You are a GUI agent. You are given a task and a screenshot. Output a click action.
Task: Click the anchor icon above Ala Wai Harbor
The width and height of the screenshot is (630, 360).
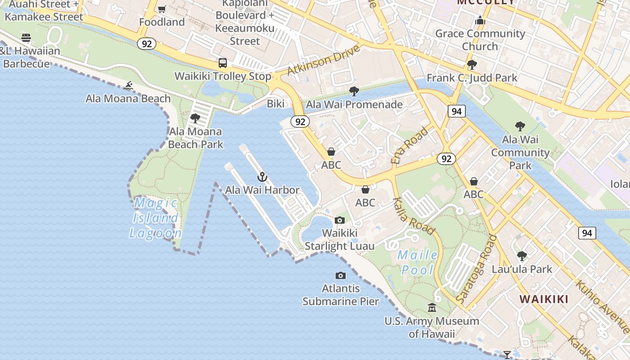coord(262,177)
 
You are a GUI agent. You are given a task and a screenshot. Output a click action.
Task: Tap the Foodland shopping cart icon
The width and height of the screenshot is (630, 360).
coord(162,9)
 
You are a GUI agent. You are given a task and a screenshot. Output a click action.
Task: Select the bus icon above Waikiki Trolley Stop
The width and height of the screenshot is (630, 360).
coord(223,63)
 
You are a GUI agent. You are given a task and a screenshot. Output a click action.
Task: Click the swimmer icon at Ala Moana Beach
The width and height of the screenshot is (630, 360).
coord(129,85)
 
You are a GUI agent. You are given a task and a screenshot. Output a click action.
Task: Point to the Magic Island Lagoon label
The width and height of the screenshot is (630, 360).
coord(156,218)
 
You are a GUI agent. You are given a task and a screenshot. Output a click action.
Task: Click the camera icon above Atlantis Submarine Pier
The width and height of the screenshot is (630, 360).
coord(341,275)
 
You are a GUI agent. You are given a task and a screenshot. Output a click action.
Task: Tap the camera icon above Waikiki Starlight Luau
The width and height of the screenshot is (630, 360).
coord(340,220)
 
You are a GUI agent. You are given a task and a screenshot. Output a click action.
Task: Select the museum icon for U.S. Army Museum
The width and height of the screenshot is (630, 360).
coord(432,308)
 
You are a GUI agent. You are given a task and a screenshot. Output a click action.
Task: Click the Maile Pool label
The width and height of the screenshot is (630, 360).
coord(418,262)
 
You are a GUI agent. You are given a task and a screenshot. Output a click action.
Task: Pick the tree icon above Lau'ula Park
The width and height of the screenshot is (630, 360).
coord(522,256)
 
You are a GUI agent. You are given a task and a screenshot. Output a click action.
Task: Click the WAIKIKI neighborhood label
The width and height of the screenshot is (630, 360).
coord(544,299)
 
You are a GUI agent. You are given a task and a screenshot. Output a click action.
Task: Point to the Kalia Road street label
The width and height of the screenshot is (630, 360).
coord(414,216)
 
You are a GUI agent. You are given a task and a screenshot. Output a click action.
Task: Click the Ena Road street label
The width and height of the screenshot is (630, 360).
coord(410,145)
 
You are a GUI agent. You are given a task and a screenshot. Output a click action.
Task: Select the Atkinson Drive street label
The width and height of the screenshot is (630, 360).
coord(324,60)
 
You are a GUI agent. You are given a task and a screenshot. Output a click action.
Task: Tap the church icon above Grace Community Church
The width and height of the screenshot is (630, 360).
coord(480,21)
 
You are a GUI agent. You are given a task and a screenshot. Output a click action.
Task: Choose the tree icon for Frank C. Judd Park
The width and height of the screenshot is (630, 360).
coord(472,65)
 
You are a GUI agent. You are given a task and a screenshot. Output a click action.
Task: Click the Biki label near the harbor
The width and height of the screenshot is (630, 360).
coord(276,104)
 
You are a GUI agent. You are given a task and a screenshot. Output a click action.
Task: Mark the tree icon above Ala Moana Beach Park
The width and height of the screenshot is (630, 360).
coord(195,118)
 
